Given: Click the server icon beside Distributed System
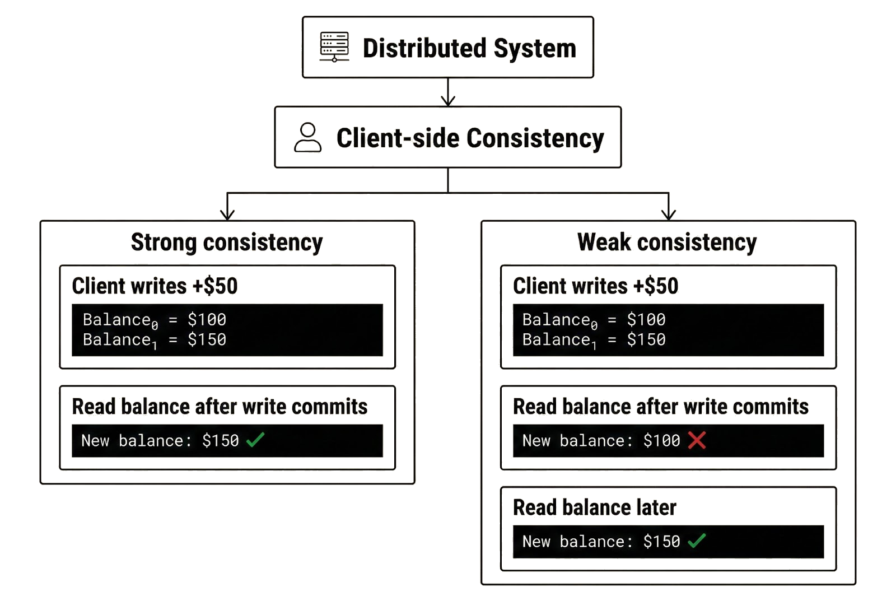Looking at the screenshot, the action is pyautogui.click(x=334, y=47).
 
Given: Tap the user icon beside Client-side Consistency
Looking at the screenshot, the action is pyautogui.click(x=307, y=138).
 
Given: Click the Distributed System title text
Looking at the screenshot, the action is pyautogui.click(x=469, y=48).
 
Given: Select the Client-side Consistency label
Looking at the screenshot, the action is pyautogui.click(x=470, y=138).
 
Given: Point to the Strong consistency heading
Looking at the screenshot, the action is pyautogui.click(x=227, y=243).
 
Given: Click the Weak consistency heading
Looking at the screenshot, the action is pyautogui.click(x=667, y=243).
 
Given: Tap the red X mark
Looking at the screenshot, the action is pyautogui.click(x=697, y=440).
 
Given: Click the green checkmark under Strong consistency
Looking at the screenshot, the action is pyautogui.click(x=255, y=440).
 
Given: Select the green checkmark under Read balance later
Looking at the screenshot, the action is pyautogui.click(x=697, y=541).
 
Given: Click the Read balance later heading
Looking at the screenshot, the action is pyautogui.click(x=595, y=507).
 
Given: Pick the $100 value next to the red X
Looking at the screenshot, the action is pyautogui.click(x=661, y=441).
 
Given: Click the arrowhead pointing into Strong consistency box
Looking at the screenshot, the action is pyautogui.click(x=227, y=215).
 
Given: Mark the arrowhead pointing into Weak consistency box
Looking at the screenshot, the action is pyautogui.click(x=669, y=215).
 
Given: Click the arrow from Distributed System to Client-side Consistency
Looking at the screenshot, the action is pyautogui.click(x=448, y=93).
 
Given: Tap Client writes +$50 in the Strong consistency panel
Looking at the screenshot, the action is pyautogui.click(x=155, y=286).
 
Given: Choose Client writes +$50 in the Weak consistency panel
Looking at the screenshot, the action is pyautogui.click(x=596, y=286).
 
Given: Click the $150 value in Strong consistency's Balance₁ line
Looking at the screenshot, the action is pyautogui.click(x=207, y=339).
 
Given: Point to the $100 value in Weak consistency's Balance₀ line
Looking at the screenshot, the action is pyautogui.click(x=646, y=320).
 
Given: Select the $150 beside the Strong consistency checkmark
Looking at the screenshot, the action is pyautogui.click(x=221, y=441).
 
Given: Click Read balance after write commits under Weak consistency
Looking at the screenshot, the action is pyautogui.click(x=661, y=407).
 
